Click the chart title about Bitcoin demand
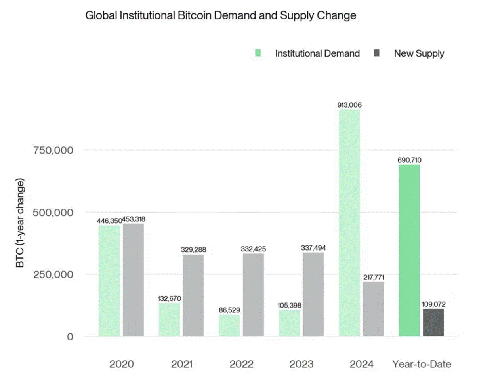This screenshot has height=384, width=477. [221, 16]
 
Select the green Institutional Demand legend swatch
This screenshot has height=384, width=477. [258, 53]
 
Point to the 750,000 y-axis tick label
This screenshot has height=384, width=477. [52, 150]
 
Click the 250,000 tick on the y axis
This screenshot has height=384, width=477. [52, 274]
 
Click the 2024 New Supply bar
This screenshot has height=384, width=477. [373, 309]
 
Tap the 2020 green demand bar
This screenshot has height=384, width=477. [109, 281]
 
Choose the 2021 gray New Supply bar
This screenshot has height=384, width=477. [193, 295]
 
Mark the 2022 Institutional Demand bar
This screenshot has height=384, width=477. [229, 325]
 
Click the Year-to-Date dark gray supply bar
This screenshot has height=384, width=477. [433, 323]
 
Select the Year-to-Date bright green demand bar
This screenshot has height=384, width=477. [409, 251]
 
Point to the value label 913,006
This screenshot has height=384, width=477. [349, 105]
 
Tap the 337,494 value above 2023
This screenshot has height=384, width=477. [313, 248]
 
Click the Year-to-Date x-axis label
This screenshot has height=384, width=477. [422, 364]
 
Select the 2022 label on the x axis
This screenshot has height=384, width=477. [241, 364]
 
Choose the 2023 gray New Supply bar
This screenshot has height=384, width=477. [313, 294]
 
